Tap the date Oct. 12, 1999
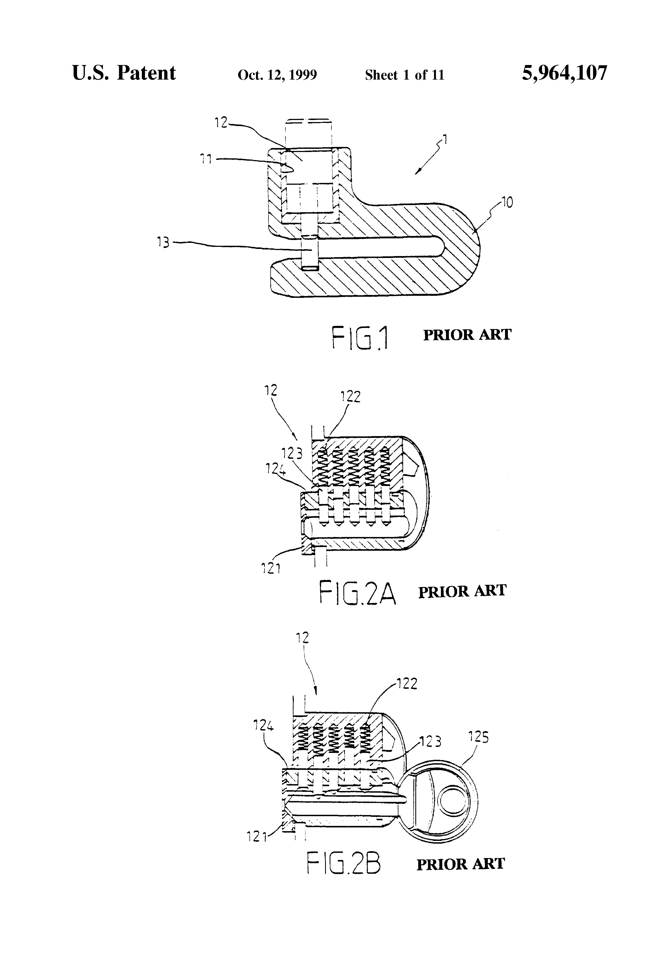point(277,75)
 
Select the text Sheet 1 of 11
point(404,75)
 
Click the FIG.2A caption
point(357,592)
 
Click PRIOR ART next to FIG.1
point(467,335)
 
